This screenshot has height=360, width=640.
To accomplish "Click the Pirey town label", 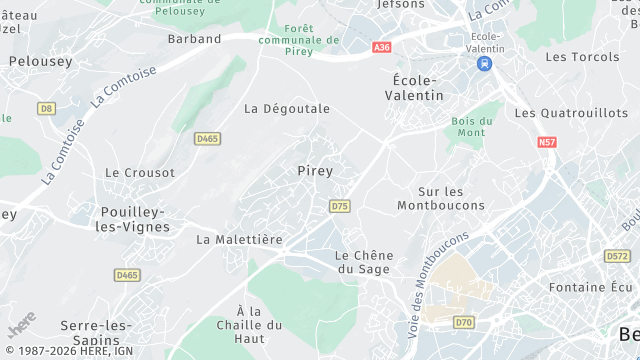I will [x=315, y=171].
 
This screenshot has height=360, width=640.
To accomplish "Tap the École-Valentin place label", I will [x=413, y=87].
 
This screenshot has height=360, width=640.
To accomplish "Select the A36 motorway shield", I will [x=381, y=47].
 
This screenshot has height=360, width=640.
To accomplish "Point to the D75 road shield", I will [x=339, y=206].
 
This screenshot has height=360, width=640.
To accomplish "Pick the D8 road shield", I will [x=46, y=108].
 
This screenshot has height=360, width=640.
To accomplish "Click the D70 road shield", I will [x=463, y=322].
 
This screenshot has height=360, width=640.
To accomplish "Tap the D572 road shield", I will [x=617, y=257].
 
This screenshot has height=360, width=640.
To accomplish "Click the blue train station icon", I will [x=485, y=63].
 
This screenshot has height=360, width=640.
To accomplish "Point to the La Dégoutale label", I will [x=287, y=109].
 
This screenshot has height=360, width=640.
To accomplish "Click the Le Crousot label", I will [x=139, y=173].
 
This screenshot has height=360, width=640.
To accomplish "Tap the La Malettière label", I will [x=240, y=240].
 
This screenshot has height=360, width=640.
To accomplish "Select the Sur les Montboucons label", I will [x=441, y=198].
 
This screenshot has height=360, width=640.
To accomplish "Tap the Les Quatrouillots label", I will [x=571, y=114].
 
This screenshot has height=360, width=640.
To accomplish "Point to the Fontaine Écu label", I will [x=594, y=288].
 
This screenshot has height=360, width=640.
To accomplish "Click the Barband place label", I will [x=195, y=39].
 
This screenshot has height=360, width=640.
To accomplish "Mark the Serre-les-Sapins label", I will [x=97, y=332].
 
